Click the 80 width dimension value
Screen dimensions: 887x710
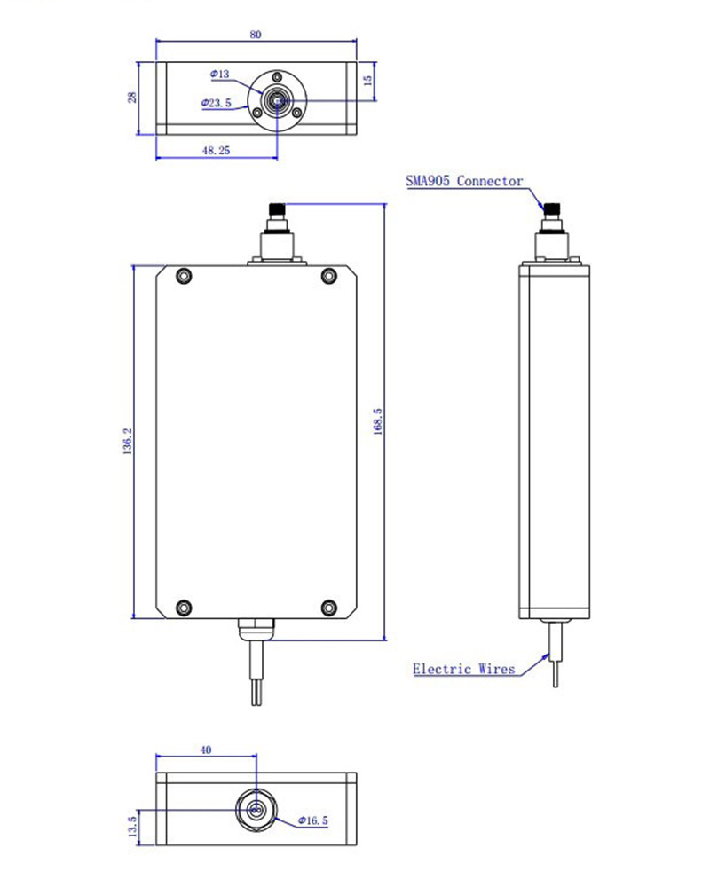coord(256,34)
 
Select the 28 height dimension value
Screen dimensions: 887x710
coord(131,98)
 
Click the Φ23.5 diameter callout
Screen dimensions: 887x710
coord(217,104)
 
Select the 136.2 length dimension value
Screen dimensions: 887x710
coord(127,441)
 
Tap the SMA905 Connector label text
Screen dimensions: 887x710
coord(463,181)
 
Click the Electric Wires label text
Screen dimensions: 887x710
coord(463,669)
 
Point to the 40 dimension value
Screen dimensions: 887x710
coord(206,750)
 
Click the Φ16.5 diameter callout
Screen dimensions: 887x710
coord(313,821)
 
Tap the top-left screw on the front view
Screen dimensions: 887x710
coord(184,276)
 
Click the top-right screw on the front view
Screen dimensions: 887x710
coord(328,276)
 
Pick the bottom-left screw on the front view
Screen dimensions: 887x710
coord(184,608)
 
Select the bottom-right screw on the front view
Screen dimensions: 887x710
coord(328,608)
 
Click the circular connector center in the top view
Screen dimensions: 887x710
coord(277,102)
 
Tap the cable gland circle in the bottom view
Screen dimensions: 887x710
coord(256,809)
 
